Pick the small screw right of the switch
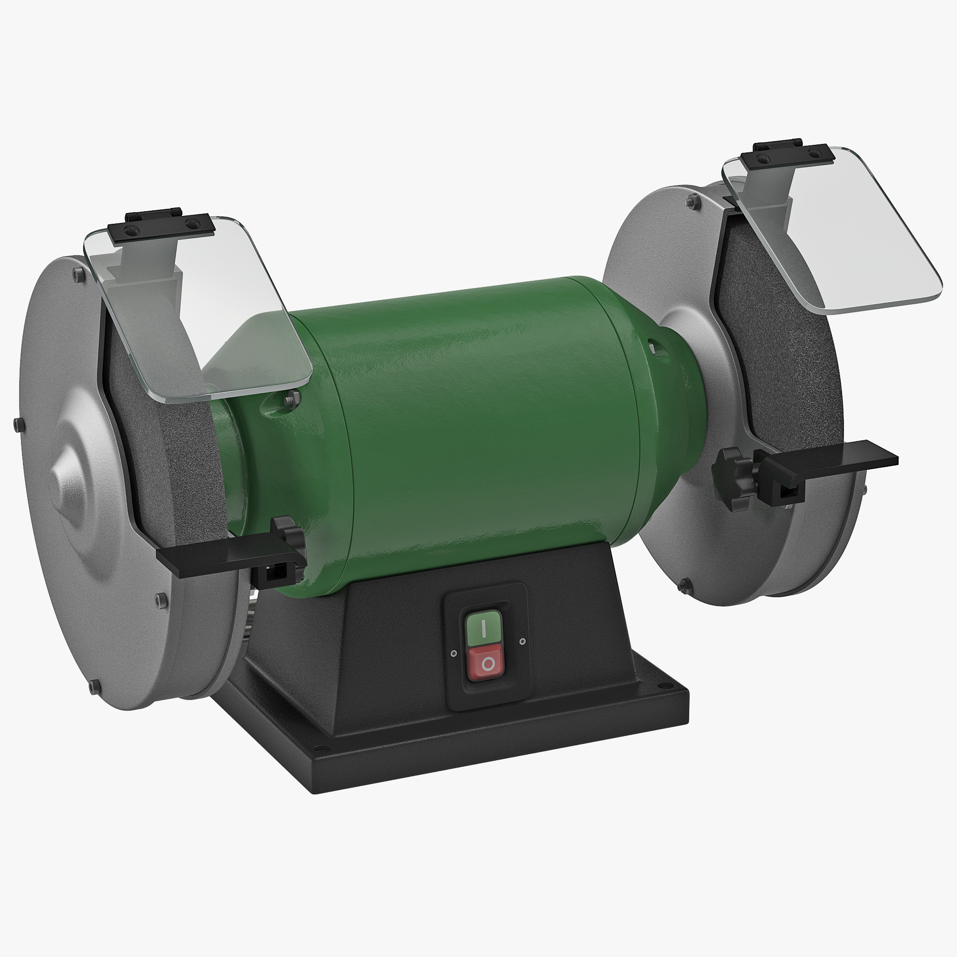[522, 642]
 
